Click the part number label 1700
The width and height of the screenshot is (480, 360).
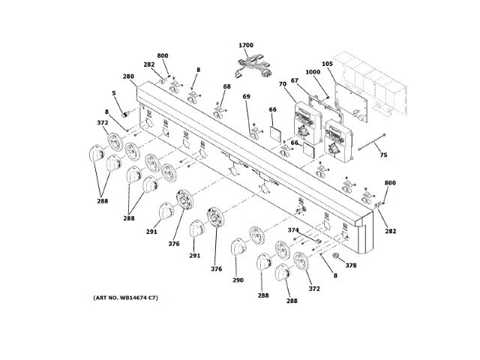tap(247, 46)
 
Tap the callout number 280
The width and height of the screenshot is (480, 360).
tap(128, 76)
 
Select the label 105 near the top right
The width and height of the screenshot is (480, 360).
tap(327, 64)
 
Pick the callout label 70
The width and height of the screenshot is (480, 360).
tap(283, 84)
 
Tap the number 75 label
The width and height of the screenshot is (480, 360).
tap(383, 155)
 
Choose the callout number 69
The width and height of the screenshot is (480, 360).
tap(246, 97)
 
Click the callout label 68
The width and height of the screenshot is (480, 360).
tap(227, 88)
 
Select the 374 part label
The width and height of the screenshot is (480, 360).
tap(293, 230)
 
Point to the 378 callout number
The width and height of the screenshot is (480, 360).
tap(349, 265)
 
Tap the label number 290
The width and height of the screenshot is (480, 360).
tap(238, 280)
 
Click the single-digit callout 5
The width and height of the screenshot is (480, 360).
tap(114, 94)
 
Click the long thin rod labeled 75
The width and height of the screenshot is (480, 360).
tap(372, 142)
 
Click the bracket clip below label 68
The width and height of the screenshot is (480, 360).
tap(222, 111)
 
